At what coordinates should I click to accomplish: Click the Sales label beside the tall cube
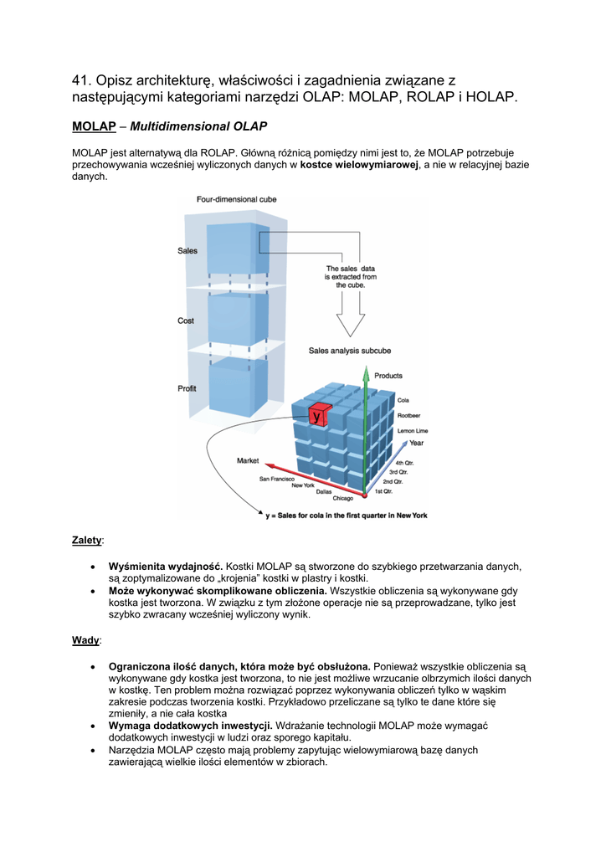tap(187, 250)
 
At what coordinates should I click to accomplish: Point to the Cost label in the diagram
tap(186, 321)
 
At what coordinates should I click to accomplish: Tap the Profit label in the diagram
tap(187, 388)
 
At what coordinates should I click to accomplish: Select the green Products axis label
tap(388, 376)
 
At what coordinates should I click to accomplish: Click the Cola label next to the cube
tap(403, 400)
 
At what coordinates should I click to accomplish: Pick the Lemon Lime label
tap(413, 430)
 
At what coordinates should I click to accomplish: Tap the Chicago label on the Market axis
tap(342, 499)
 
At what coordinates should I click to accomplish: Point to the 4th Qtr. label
tap(405, 463)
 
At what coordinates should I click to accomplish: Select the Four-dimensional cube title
tap(237, 199)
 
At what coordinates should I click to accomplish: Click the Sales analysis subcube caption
tap(350, 351)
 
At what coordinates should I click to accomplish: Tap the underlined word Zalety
tap(87, 541)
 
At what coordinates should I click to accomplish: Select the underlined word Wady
tap(85, 640)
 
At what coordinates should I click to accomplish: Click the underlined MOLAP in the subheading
tap(94, 126)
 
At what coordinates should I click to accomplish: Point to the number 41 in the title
tap(80, 80)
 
